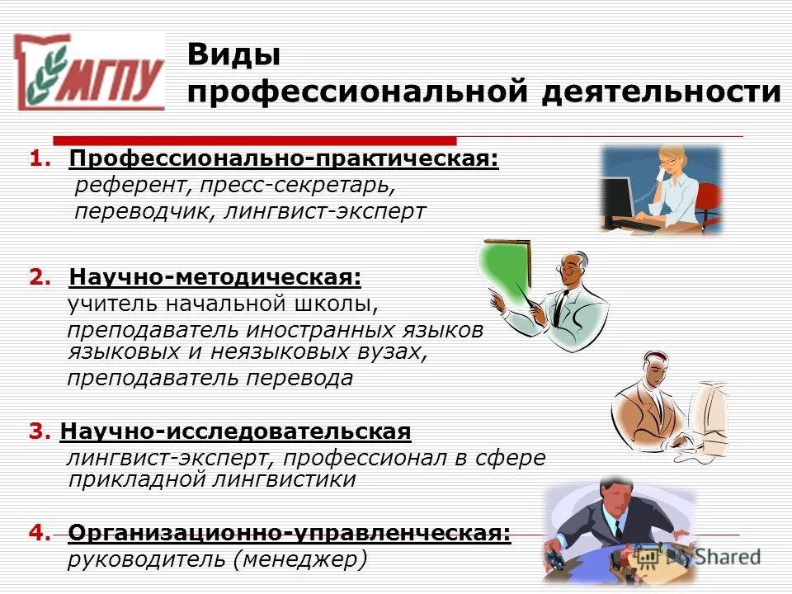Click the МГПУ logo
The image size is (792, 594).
(91, 73)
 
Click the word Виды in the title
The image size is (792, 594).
(233, 55)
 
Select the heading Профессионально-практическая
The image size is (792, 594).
(284, 158)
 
